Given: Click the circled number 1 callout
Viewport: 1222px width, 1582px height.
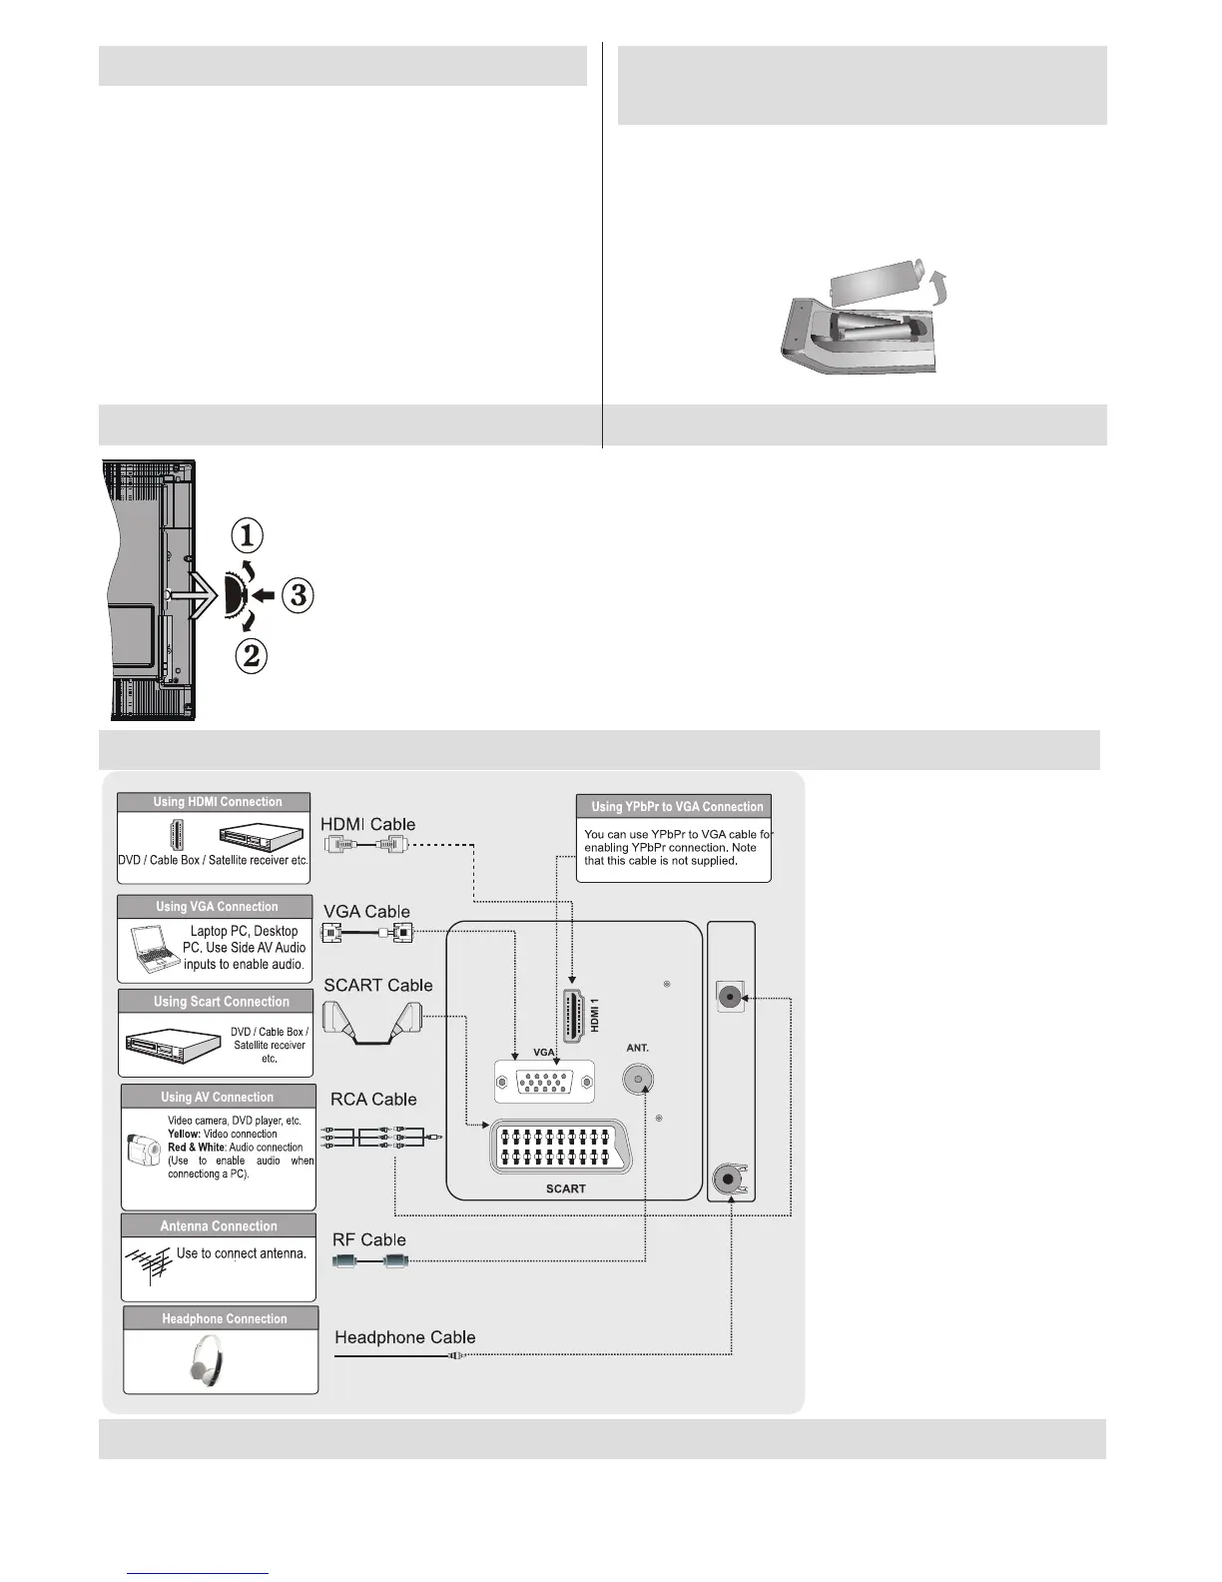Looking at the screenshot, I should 248,536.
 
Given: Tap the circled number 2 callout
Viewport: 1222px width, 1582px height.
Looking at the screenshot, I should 251,656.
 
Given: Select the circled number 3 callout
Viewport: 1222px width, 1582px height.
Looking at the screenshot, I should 298,596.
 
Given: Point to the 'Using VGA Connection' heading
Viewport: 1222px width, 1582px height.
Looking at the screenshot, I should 217,907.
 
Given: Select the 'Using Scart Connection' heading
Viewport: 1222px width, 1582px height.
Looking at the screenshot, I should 221,1002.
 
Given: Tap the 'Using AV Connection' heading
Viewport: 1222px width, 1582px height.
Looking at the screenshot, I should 217,1097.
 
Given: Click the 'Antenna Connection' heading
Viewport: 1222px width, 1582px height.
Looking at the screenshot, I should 219,1226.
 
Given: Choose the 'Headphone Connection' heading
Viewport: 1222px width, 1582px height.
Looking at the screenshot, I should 224,1319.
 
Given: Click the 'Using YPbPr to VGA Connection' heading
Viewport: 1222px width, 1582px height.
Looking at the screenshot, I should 676,807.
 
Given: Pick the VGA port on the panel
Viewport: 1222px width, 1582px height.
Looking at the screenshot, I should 544,1082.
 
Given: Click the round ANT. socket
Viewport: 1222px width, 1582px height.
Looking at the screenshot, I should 638,1080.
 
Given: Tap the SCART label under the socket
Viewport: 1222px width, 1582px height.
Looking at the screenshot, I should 565,1188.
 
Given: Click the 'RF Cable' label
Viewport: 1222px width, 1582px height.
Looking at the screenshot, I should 369,1240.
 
